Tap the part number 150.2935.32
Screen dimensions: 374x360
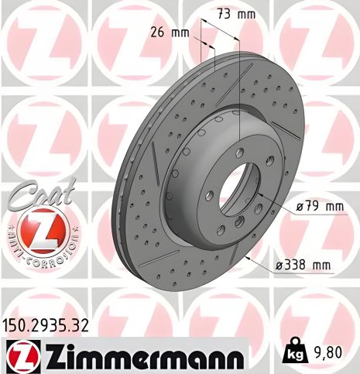click(x=47, y=324)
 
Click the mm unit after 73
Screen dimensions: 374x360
click(x=245, y=13)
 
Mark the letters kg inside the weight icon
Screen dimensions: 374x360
click(x=293, y=355)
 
